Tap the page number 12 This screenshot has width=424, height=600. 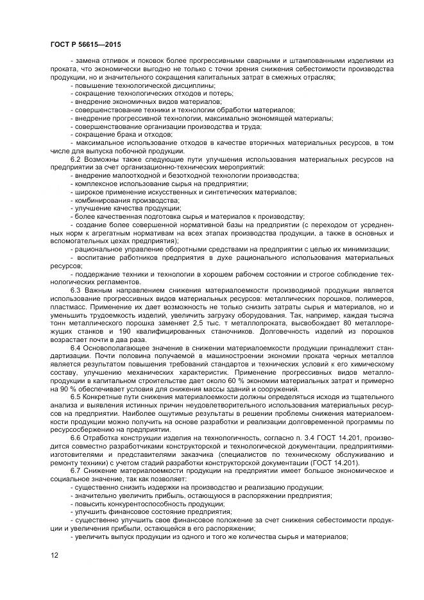point(54,555)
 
